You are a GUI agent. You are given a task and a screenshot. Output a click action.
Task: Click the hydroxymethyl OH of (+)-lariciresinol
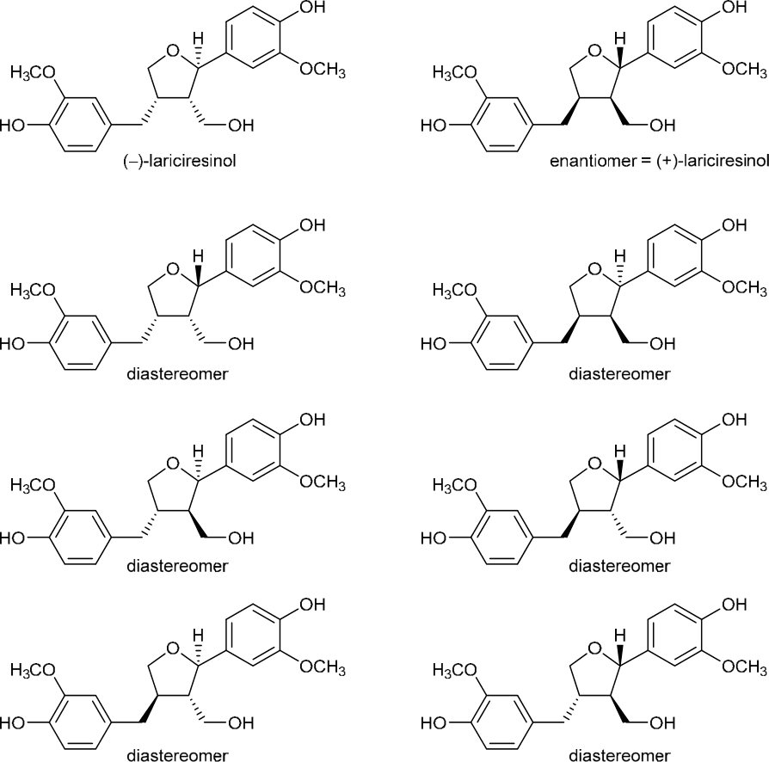tap(661, 126)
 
